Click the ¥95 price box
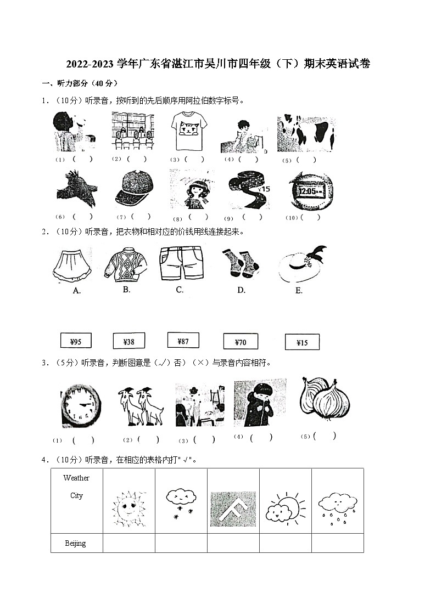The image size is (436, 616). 76,342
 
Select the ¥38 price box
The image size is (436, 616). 128,341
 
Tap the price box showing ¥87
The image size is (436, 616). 183,341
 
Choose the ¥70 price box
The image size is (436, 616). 241,342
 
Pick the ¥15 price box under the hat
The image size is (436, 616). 302,342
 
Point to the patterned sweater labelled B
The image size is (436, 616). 125,264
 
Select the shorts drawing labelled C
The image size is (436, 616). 181,262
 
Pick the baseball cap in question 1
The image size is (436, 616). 133,187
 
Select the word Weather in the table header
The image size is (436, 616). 76,478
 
